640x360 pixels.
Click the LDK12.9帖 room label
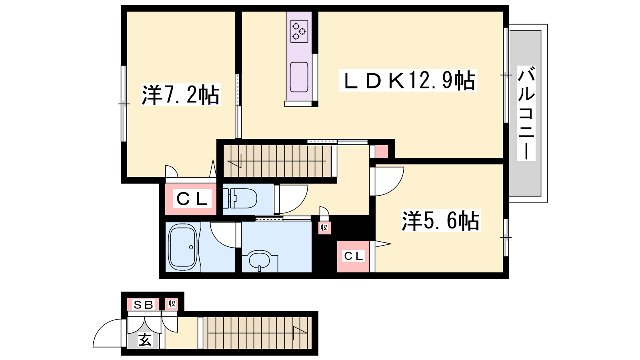coord(408,80)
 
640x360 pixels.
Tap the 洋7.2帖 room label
coord(181,94)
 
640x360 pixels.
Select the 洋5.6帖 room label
coord(440,220)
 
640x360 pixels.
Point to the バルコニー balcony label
coord(526,114)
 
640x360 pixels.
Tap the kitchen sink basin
coord(299,77)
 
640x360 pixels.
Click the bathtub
coord(182,247)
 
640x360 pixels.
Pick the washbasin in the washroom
coord(260,260)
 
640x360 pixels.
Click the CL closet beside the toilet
coord(192,198)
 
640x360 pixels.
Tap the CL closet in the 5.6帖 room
coord(354,256)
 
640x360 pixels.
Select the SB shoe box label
coord(143,305)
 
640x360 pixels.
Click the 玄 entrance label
coord(145,340)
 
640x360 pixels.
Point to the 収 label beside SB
coord(172,304)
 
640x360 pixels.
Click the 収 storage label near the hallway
coord(324,228)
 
